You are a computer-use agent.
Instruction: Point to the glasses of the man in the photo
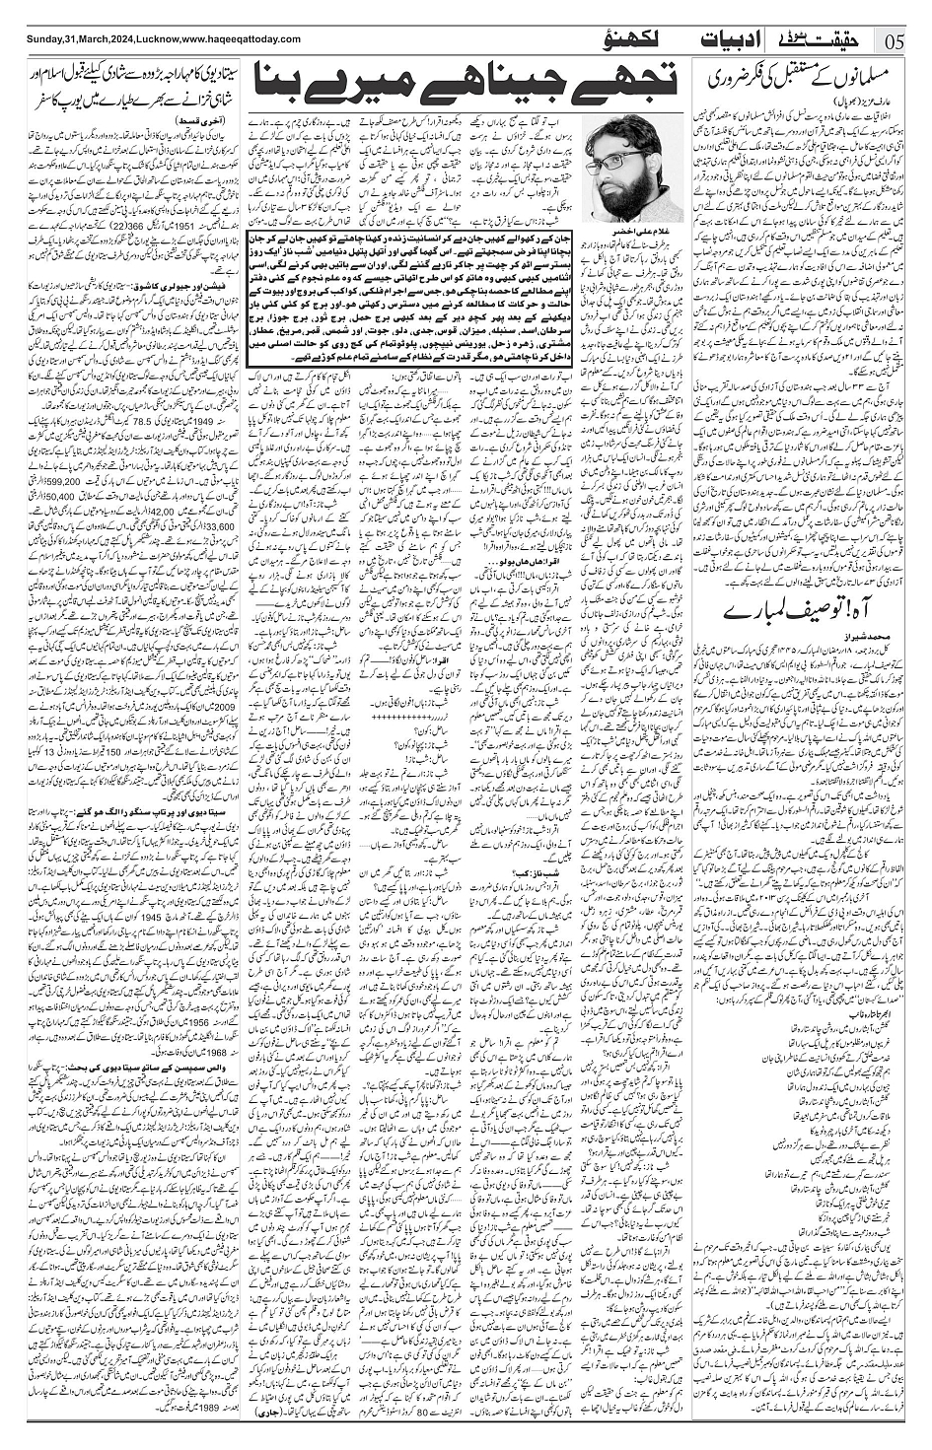(623, 157)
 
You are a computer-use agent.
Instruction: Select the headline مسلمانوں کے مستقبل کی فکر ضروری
(806, 74)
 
